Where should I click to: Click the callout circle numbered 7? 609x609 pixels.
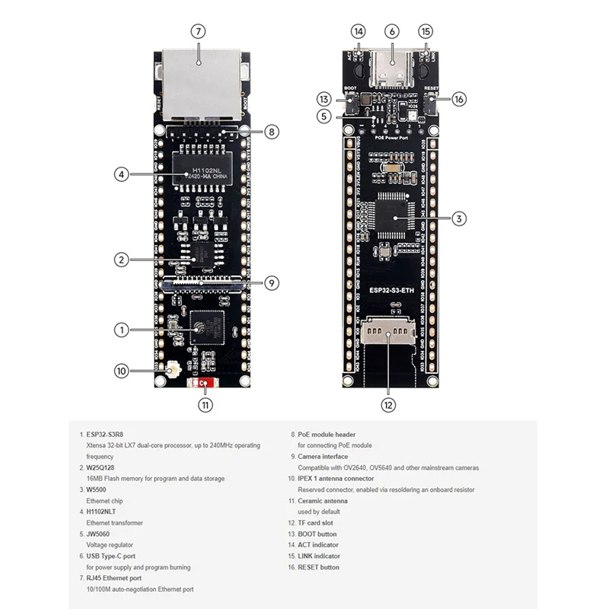coord(198,32)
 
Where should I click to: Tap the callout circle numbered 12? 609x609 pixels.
coord(389,405)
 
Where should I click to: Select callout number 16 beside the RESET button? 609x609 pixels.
coord(458,98)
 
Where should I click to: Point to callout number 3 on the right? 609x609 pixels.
coord(458,218)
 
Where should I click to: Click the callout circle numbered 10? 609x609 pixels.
coord(122,371)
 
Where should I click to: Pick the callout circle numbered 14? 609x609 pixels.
coord(359,32)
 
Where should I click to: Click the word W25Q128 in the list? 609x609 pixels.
coord(101,467)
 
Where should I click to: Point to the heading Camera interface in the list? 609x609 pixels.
coord(322,456)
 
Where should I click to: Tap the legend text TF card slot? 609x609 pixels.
coord(317,522)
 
